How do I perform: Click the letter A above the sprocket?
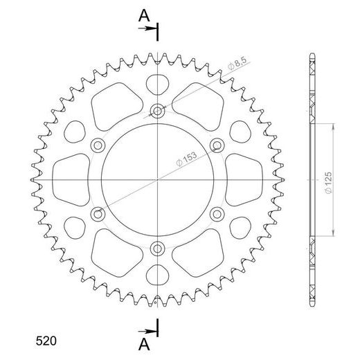pos(143,13)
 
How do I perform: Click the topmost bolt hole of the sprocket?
pos(158,110)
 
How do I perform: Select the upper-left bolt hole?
pos(98,144)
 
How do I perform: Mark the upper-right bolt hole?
pos(217,144)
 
